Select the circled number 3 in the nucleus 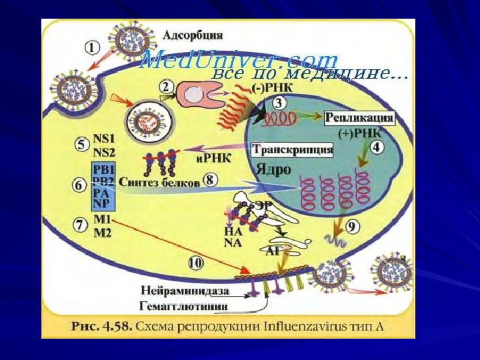click(278, 103)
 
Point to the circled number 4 click(377, 147)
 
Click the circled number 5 click(81, 144)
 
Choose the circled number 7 click(81, 225)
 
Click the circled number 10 click(195, 263)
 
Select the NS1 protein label click(104, 138)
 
